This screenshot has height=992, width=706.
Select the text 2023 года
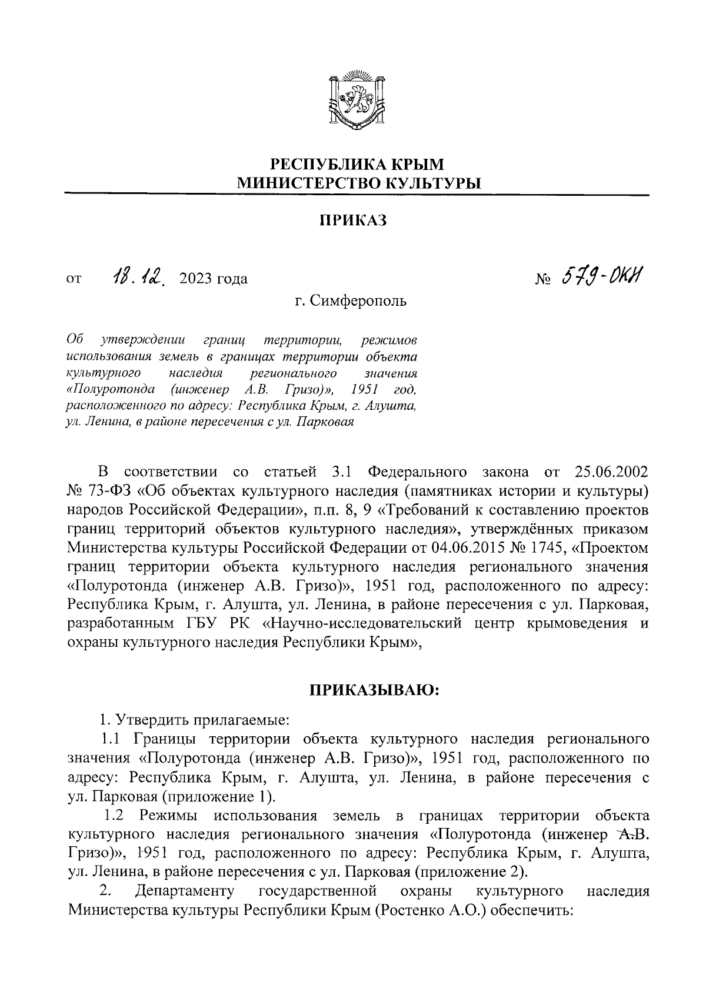click(x=214, y=279)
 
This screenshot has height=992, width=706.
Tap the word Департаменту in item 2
click(x=185, y=891)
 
